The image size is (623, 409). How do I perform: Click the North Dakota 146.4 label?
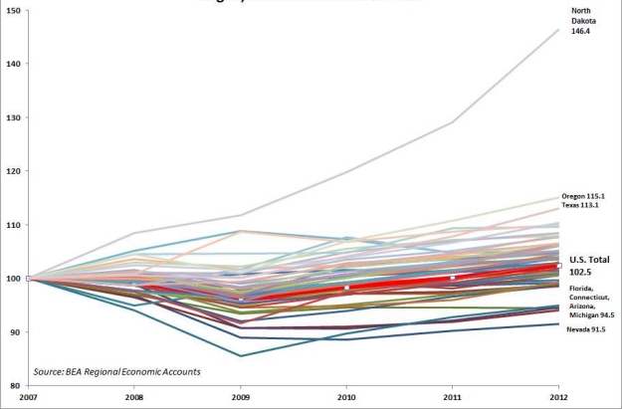(583, 21)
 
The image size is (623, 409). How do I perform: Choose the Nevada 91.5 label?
(587, 328)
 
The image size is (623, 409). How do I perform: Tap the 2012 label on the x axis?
(557, 398)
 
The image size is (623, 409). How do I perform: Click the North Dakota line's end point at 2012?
(557, 30)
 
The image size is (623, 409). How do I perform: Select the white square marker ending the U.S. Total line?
(558, 266)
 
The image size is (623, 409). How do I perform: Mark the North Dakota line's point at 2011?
(453, 122)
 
